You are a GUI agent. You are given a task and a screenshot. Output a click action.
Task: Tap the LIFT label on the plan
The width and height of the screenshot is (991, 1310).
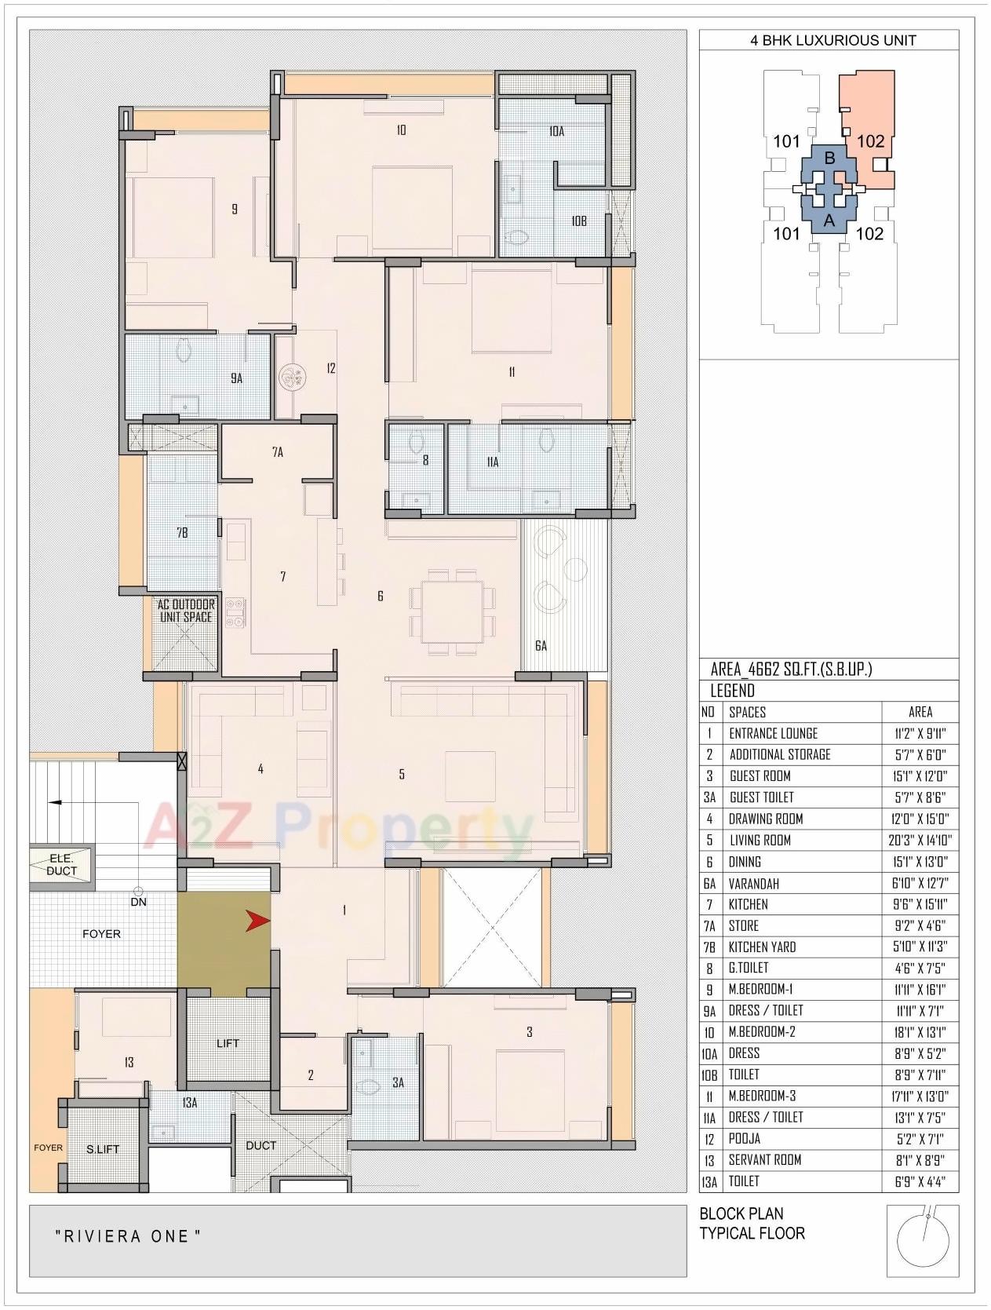coord(228,1043)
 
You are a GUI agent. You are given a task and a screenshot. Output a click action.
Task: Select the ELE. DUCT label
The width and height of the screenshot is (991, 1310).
coord(61,865)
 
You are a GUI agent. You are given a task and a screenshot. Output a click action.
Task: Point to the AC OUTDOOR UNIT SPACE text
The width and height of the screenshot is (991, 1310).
coord(186,611)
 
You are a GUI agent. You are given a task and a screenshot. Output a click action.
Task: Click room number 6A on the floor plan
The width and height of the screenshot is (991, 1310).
coord(541,646)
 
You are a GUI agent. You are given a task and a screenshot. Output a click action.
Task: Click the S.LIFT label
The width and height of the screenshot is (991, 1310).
coord(103,1148)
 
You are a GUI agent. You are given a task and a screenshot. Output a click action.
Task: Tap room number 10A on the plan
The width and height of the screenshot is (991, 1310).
coord(556,131)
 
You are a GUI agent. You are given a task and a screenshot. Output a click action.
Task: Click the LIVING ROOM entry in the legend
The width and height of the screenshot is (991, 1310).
coord(760,840)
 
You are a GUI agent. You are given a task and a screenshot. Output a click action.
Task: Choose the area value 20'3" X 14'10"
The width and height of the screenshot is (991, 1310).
coord(920,840)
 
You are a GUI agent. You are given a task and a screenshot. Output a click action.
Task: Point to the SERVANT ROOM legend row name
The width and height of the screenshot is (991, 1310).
coord(764,1159)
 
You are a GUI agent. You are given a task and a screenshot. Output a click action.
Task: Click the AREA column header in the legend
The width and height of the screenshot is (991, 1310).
coord(920,712)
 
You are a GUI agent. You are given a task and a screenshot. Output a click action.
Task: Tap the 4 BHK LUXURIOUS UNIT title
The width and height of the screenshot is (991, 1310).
coord(833,40)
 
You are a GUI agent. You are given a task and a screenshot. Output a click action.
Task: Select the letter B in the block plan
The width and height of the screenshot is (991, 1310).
coord(829,158)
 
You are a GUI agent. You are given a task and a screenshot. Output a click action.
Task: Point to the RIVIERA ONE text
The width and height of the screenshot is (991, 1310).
coord(128,1237)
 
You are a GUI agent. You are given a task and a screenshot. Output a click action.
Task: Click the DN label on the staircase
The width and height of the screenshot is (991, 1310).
coord(138,902)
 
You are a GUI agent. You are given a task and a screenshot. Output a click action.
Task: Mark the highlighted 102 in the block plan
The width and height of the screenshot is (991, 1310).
coord(870,141)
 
